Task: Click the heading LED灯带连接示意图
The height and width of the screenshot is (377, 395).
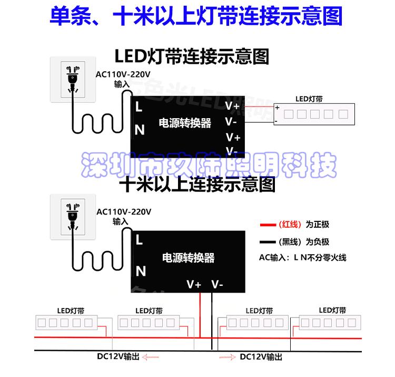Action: click(x=192, y=56)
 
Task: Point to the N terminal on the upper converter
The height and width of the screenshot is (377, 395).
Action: click(x=140, y=129)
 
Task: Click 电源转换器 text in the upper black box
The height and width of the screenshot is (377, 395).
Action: click(x=185, y=123)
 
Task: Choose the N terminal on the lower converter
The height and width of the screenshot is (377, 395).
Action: click(x=141, y=271)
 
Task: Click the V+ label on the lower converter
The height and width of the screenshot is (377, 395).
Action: click(x=194, y=285)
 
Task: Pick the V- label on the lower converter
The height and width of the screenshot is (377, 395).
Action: click(x=217, y=285)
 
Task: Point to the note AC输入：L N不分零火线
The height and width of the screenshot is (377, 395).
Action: click(x=303, y=258)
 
